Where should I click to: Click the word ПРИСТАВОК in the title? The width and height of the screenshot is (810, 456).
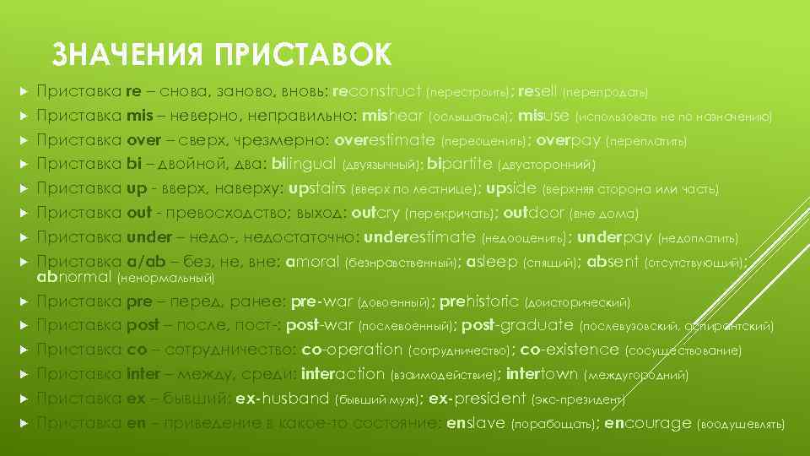pos(303,55)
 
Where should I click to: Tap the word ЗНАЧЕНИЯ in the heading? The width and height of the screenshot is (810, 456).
pos(127,55)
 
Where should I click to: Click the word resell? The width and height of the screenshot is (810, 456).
pos(537,90)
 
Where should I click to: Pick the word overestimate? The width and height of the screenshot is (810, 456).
pos(385,139)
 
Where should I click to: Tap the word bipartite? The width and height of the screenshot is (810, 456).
pos(462,164)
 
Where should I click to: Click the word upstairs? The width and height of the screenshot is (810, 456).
pos(317,188)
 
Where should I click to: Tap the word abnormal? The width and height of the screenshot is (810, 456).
pos(75,276)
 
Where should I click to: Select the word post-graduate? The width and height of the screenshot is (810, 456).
pos(518,325)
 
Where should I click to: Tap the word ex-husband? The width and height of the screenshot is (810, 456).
pos(282,399)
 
